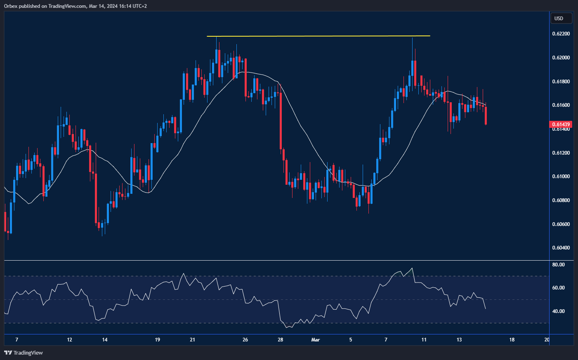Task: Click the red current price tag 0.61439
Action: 561,124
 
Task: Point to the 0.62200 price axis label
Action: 561,34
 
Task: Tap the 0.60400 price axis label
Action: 561,248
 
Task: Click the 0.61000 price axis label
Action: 561,176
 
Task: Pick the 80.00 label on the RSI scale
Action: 559,265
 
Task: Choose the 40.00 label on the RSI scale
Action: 559,311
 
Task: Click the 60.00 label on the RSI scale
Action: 559,288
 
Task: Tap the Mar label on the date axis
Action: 315,340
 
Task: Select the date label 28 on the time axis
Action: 281,340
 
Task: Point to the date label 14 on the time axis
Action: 105,340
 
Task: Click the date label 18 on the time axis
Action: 512,340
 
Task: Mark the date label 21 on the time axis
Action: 193,340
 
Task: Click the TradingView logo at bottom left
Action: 24,353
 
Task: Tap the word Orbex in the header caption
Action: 10,6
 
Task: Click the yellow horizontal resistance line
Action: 318,36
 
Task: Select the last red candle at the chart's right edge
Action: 486,115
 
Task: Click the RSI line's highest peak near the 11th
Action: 412,268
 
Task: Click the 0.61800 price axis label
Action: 561,82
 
